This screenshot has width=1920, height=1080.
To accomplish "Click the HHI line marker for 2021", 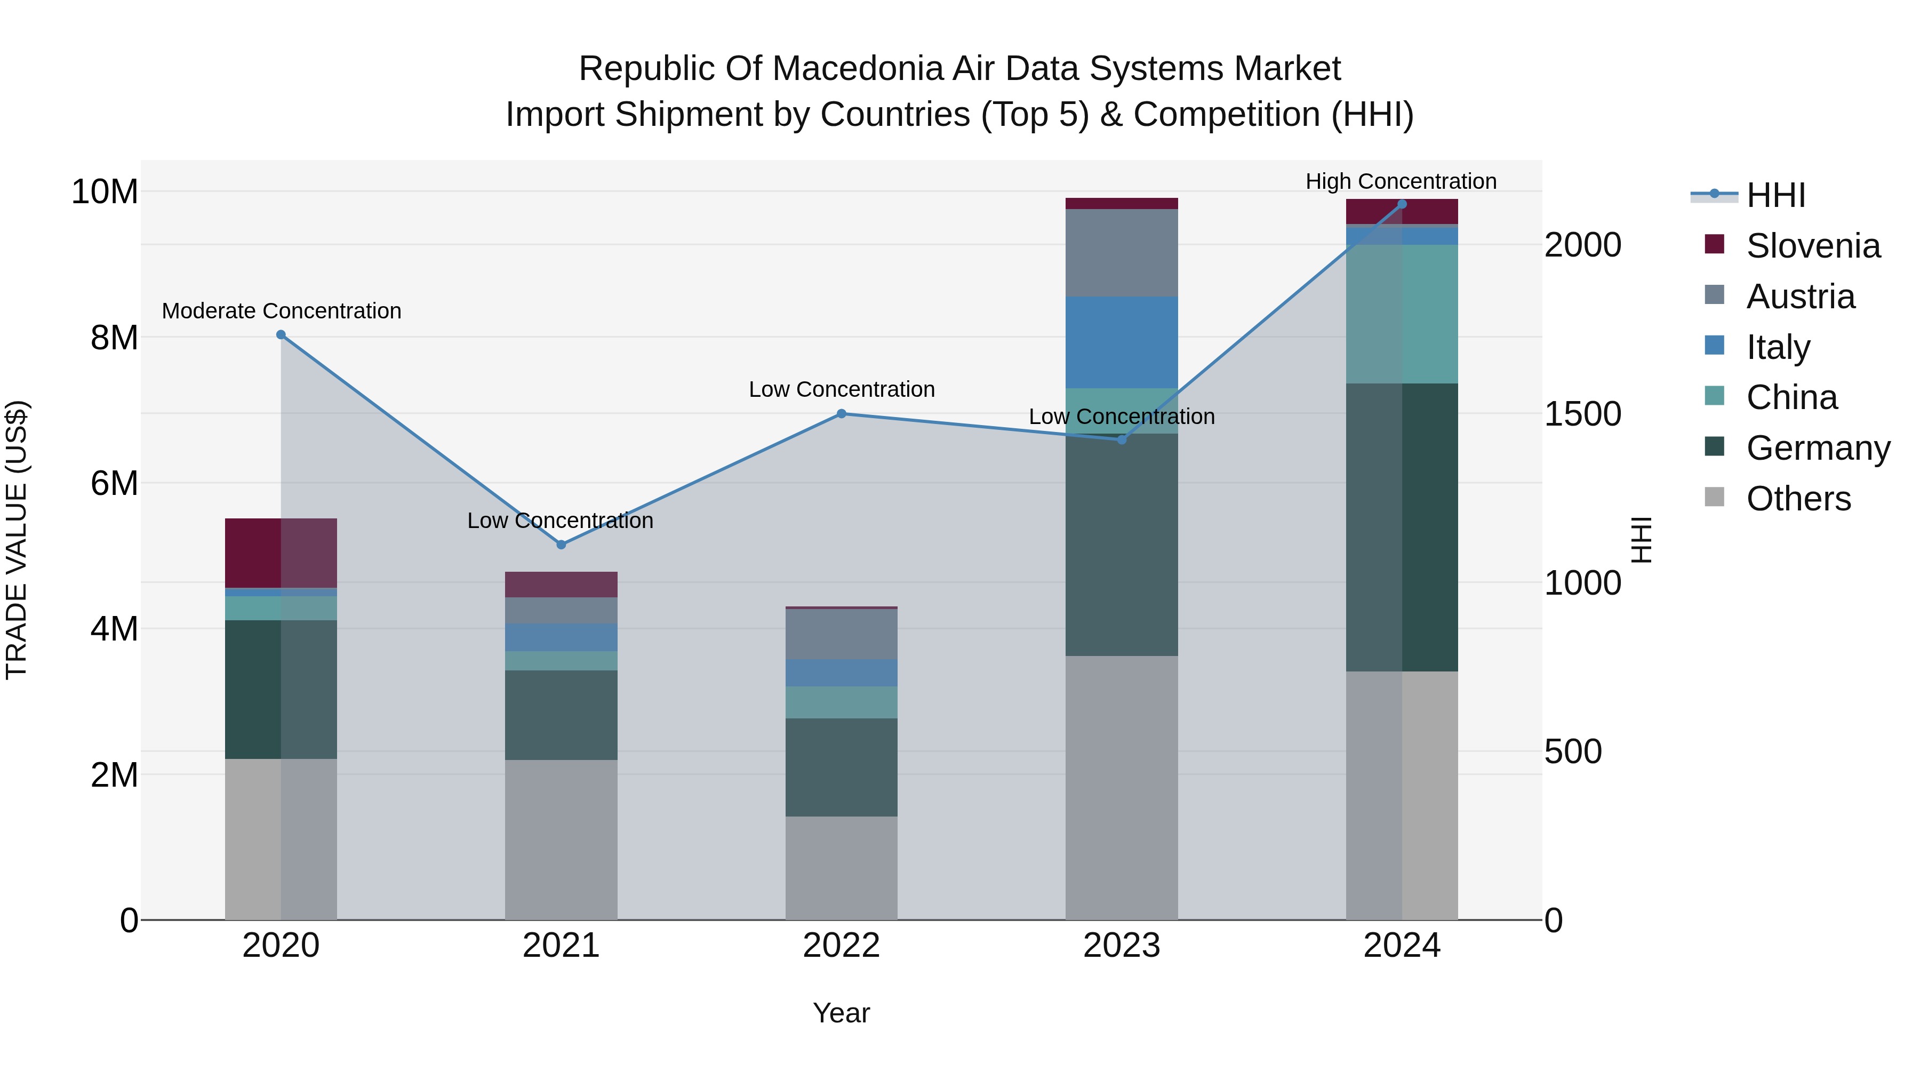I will (x=561, y=545).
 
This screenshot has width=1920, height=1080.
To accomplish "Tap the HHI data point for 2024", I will (x=1402, y=204).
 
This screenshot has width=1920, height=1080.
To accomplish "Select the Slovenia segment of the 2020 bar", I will (x=281, y=553).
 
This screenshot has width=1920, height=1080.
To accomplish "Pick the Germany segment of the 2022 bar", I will (x=842, y=767).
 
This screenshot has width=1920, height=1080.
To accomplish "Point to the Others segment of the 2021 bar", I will (x=561, y=839).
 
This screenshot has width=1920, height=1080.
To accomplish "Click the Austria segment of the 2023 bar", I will (x=1122, y=253).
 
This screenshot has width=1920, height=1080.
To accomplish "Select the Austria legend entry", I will (x=1800, y=297).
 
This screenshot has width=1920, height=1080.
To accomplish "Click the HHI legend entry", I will (x=1775, y=195).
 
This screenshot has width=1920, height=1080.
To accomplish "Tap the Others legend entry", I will (x=1798, y=499).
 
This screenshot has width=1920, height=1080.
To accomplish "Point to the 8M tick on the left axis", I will (x=113, y=338).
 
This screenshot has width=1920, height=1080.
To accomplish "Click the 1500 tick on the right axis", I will (x=1582, y=414).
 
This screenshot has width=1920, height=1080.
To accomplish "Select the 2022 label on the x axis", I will (x=842, y=946).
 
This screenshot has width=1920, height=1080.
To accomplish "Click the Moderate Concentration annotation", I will (x=281, y=311).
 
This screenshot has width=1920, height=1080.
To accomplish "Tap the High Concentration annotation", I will (x=1401, y=181).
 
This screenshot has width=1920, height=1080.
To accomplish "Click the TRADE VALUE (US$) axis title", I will (x=17, y=540).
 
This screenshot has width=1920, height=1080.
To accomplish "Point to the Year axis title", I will (x=842, y=1013).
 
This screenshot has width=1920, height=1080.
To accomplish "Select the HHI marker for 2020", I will (x=281, y=334).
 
